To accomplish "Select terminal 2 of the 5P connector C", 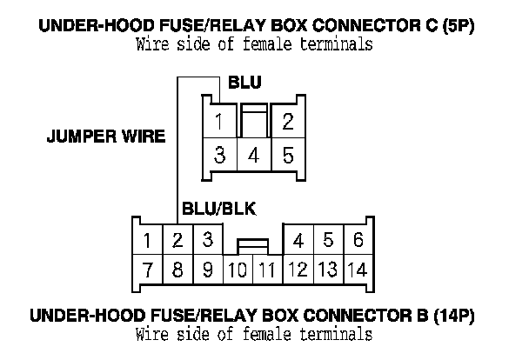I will tap(287, 122).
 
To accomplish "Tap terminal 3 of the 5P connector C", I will tap(221, 156).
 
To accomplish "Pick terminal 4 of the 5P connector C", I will tap(254, 157).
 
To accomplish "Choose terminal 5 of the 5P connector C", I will tap(287, 156).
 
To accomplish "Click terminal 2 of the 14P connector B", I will tap(177, 238).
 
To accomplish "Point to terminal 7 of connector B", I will tap(148, 269).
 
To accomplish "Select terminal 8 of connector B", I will tap(177, 269).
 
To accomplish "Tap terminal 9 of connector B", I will tap(207, 269).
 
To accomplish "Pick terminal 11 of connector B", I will tap(267, 270).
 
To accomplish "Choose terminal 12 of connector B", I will tap(298, 269).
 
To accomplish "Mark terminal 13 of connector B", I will tap(328, 269).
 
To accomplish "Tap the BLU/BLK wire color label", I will tap(218, 209).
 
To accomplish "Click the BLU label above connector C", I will tap(244, 83).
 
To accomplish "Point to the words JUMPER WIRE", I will tap(105, 137).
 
